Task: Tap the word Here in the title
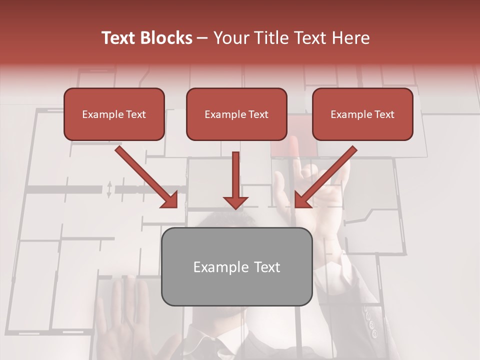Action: coord(349,38)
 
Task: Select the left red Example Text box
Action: coord(114,114)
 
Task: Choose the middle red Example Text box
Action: coord(236,114)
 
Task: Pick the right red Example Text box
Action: coord(362,114)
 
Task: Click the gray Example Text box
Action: coord(236,266)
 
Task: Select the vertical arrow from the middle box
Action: coord(235,180)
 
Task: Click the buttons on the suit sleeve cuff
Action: coord(371,322)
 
